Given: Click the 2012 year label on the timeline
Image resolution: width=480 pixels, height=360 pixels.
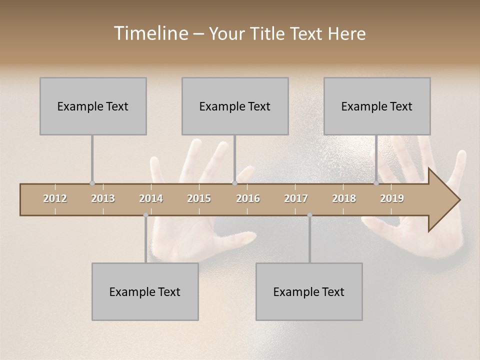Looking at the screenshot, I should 55,198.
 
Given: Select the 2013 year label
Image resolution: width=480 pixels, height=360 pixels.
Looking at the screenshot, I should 103,198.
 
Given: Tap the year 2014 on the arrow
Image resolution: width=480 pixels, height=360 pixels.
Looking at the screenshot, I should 151,198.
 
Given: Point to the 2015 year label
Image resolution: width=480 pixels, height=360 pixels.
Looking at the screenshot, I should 199,198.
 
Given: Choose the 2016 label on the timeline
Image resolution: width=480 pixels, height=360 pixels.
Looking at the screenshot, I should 248,198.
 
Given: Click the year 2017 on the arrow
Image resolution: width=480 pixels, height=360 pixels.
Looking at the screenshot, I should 296,198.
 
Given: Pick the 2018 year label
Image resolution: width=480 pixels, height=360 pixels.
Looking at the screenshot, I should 344,198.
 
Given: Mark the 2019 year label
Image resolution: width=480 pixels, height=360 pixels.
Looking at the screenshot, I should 392,198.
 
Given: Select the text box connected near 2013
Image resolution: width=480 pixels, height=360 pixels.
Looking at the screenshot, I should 93,106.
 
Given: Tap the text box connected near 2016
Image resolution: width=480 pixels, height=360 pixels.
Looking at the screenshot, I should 235,106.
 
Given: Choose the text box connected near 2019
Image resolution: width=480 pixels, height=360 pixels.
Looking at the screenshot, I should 377,106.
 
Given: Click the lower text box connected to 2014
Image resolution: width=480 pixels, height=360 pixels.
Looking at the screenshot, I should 145,291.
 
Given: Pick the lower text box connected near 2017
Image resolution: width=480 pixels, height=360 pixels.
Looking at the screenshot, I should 309,291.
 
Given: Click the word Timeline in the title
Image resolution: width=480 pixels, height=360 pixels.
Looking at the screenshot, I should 150,33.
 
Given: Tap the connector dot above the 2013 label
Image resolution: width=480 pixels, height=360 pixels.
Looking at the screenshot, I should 92,183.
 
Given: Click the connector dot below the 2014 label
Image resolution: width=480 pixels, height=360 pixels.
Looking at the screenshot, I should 145,215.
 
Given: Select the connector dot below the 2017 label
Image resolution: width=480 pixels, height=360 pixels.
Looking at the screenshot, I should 309,215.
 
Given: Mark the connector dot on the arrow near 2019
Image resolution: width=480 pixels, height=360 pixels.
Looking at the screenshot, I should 376,183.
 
